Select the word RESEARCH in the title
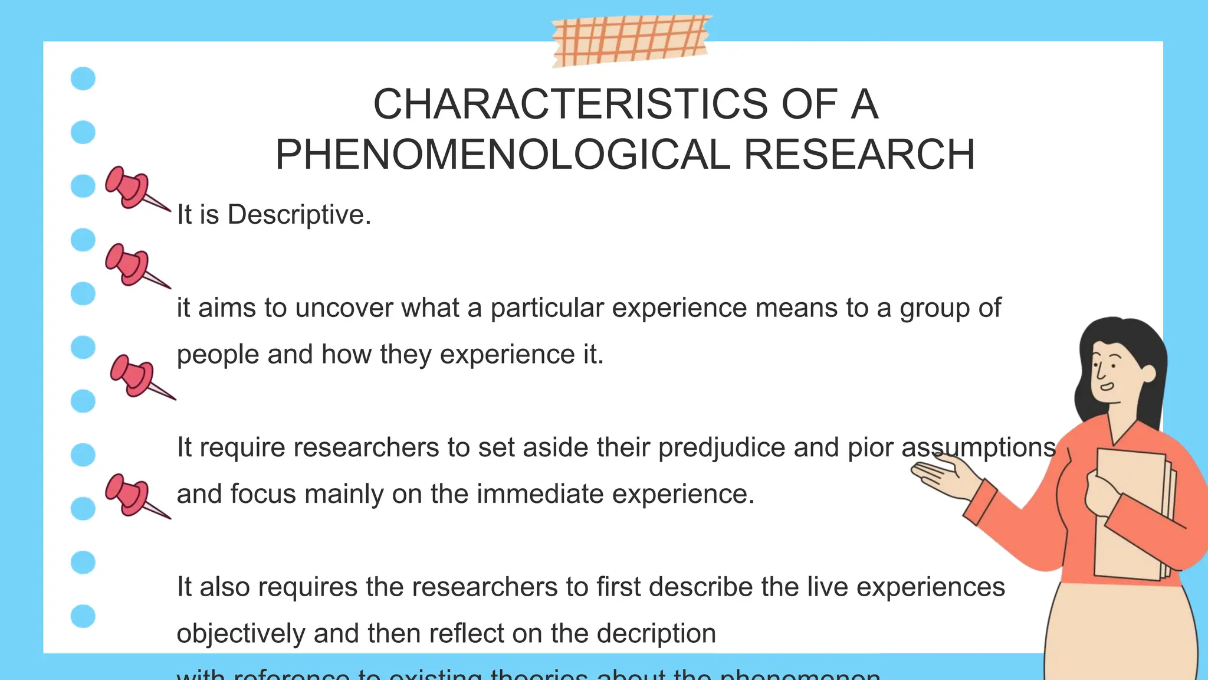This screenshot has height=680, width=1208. tap(859, 155)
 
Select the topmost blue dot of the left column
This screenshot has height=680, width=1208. tap(83, 79)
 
